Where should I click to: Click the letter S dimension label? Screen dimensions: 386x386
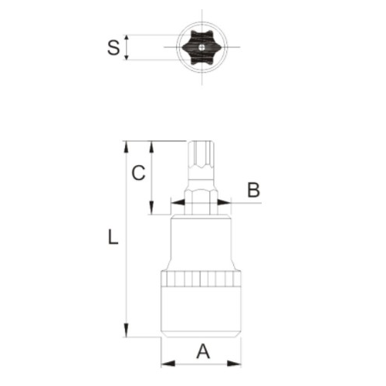(113, 47)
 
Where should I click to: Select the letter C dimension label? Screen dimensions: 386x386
(137, 173)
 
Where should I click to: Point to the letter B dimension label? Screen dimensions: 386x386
(253, 189)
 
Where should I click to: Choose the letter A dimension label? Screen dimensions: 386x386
(202, 351)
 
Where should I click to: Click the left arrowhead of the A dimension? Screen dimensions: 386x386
(165, 363)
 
